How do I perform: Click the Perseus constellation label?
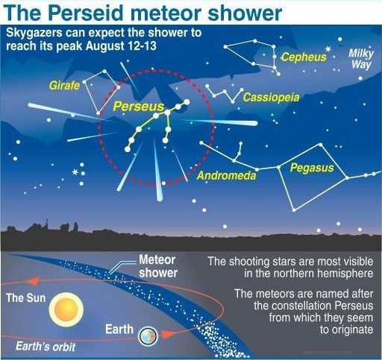click(139, 106)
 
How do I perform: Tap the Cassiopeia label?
click(271, 98)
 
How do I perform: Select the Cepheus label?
click(304, 57)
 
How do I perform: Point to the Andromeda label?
click(226, 176)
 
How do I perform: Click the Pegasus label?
click(312, 168)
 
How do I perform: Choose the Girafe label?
click(64, 86)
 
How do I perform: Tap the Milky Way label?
click(361, 59)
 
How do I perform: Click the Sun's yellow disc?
click(66, 309)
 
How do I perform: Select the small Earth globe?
click(148, 336)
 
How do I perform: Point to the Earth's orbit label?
click(46, 347)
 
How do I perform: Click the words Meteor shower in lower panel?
click(158, 266)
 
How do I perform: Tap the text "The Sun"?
click(26, 298)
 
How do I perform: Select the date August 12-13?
click(121, 45)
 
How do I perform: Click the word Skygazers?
click(34, 34)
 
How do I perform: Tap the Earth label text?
click(119, 329)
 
